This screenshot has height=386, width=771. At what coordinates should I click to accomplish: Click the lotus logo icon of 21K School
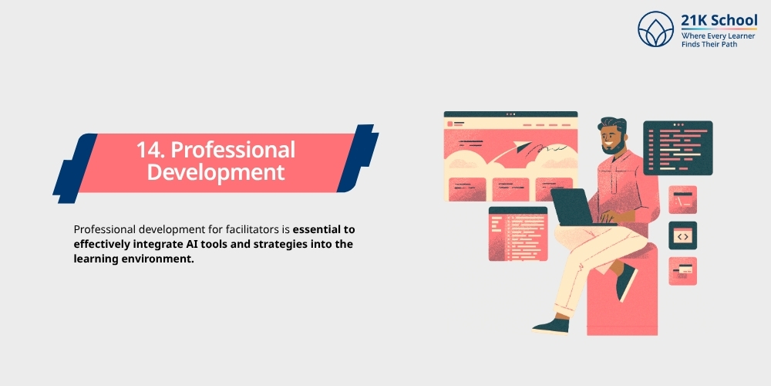click(x=655, y=29)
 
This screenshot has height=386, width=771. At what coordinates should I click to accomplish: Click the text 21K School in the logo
click(x=719, y=21)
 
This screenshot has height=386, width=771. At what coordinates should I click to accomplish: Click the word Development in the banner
click(x=216, y=171)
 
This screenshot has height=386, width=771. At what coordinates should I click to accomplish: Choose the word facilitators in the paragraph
click(x=231, y=230)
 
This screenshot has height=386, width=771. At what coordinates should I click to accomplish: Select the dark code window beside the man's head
click(x=678, y=147)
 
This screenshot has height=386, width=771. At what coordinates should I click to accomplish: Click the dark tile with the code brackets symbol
click(x=682, y=235)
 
